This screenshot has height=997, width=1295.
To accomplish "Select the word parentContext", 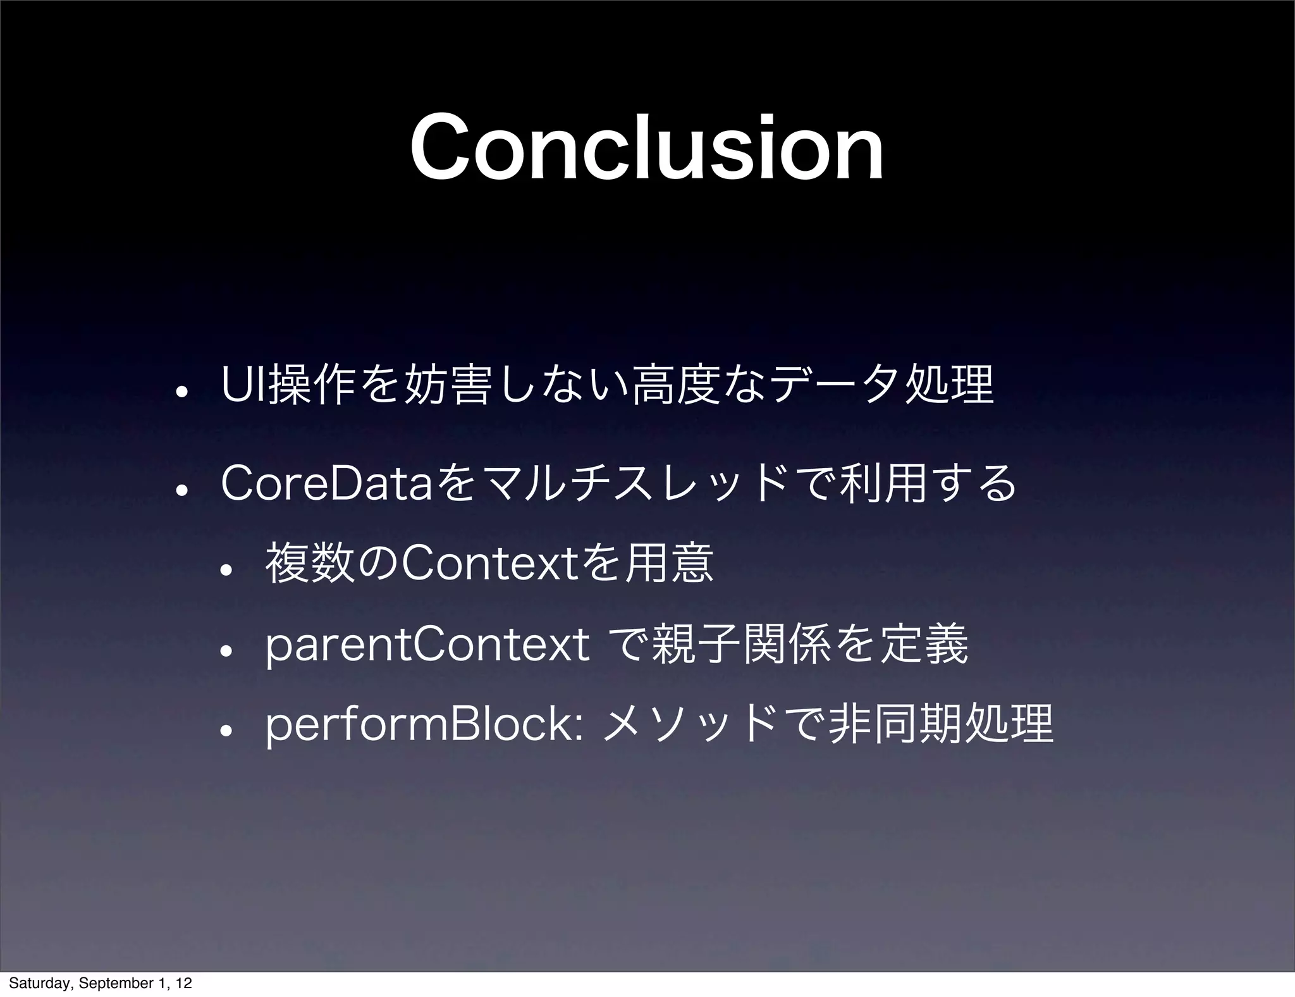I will [427, 647].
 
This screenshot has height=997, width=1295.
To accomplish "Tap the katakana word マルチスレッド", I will [632, 483].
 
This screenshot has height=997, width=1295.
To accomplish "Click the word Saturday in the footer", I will [39, 984].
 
